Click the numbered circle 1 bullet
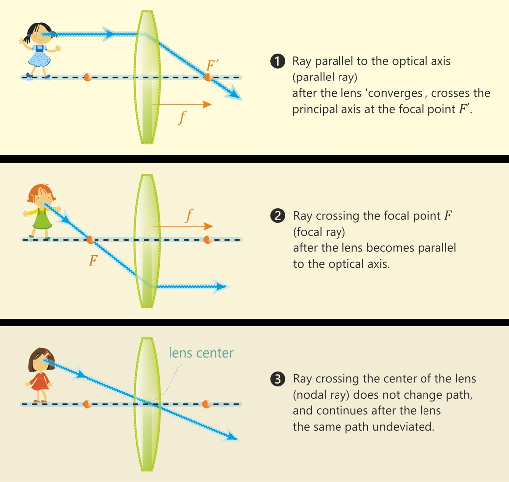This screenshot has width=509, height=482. pos(278,61)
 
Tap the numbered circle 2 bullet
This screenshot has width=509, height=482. pos(278,216)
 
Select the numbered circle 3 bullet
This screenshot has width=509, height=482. pos(278,379)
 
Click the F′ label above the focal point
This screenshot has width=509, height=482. pos(212,65)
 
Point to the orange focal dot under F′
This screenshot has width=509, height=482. pos(208,77)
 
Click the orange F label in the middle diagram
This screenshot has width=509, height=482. pos(93,260)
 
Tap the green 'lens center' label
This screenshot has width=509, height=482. pos(201,353)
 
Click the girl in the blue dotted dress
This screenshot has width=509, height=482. pos(39,51)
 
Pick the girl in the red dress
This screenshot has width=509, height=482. pos(40,375)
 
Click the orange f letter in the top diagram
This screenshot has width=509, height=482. pos(182,117)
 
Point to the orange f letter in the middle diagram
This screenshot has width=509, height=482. pos(189,216)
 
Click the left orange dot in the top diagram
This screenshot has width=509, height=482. pos(87,77)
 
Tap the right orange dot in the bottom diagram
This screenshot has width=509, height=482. pos(206,404)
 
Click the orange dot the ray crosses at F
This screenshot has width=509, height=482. pos(91,240)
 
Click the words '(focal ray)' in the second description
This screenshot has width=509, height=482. pos(319,232)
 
